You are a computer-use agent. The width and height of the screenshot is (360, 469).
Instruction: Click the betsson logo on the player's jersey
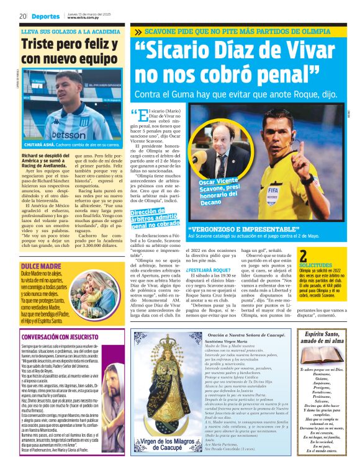click(69, 134)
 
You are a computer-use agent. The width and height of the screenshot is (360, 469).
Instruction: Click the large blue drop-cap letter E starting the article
click(142, 116)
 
